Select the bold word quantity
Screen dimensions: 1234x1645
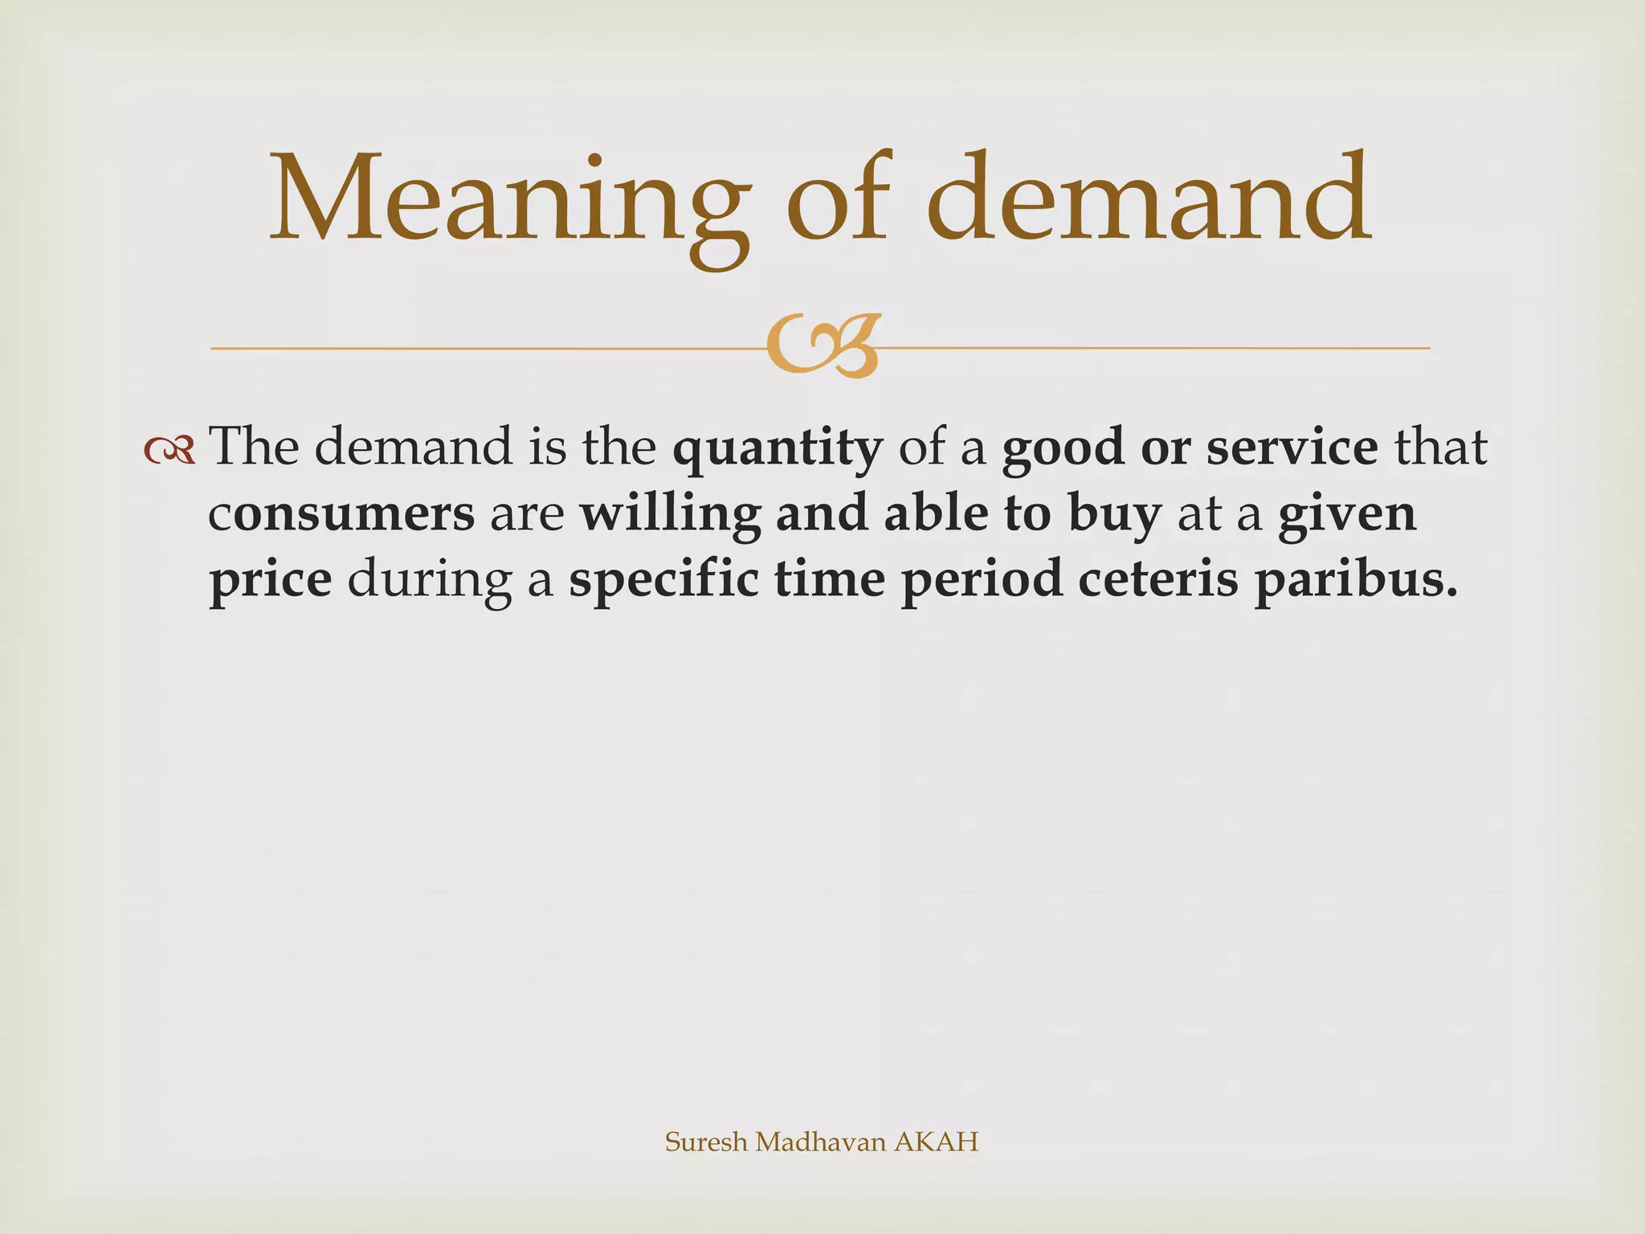coord(777,448)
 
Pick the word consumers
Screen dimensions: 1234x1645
coord(341,514)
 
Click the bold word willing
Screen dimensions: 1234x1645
coord(670,514)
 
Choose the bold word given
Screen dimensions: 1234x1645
coord(1347,514)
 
